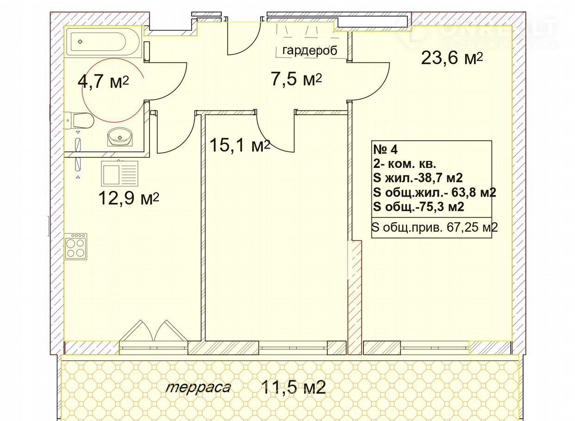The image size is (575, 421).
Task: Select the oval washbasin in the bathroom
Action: [x=120, y=137]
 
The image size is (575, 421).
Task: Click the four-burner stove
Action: [x=76, y=246]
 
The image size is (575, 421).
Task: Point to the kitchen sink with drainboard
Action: [x=119, y=173]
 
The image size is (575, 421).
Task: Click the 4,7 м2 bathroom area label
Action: [x=103, y=82]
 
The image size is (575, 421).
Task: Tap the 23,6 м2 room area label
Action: [x=452, y=58]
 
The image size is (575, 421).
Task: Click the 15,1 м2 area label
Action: [x=240, y=145]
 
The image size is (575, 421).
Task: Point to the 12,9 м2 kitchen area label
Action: [x=129, y=198]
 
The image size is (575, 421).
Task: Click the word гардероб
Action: [x=310, y=50]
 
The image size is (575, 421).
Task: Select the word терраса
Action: [x=198, y=387]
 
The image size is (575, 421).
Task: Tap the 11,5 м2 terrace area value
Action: [x=294, y=387]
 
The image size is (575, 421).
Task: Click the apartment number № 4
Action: [x=385, y=150]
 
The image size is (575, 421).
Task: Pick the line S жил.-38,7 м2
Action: [x=418, y=178]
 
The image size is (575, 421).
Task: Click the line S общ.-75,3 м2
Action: [x=419, y=206]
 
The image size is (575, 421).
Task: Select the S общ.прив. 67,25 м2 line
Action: [x=435, y=227]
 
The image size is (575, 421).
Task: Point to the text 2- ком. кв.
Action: [x=405, y=164]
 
